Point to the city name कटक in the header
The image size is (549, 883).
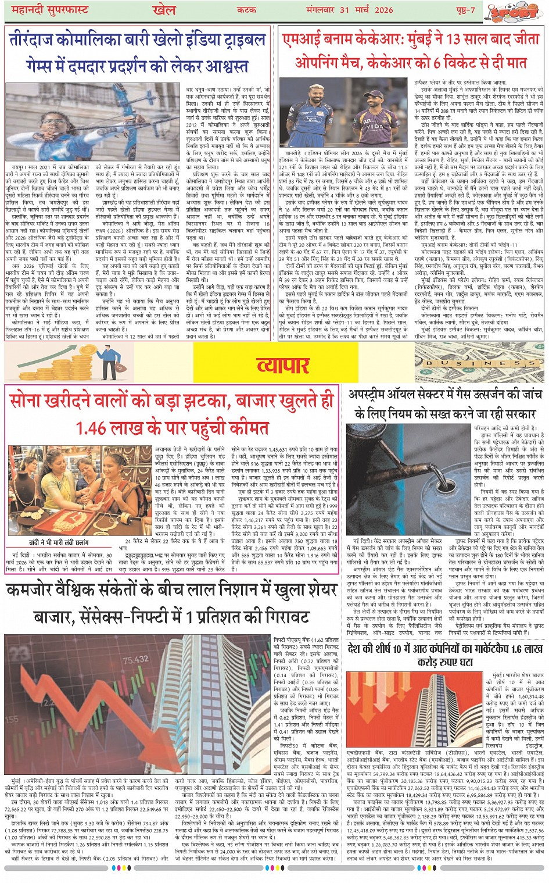247,10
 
